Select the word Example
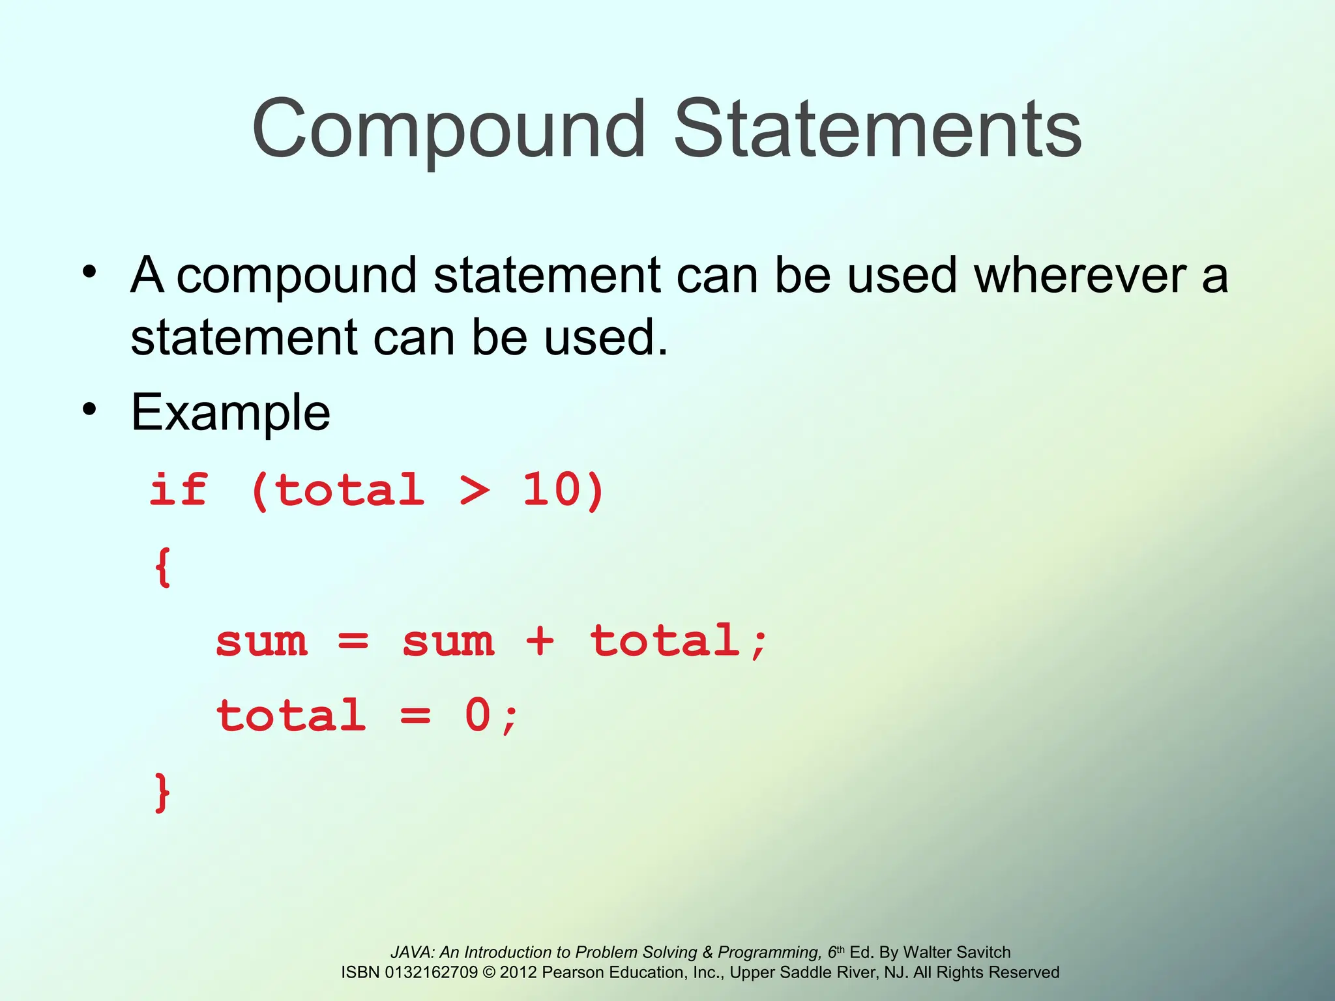231,413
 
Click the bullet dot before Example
89,409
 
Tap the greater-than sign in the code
474,490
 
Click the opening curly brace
163,566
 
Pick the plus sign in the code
540,641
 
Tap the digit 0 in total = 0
477,716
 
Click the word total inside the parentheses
349,490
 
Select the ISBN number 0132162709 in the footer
432,972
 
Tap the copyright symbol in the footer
489,972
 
